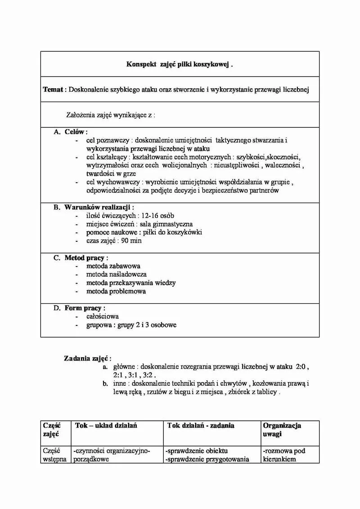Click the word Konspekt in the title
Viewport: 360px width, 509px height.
(x=141, y=64)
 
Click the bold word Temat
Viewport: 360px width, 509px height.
(x=53, y=90)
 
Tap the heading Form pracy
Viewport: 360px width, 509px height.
(x=85, y=308)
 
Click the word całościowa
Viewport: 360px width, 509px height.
(x=103, y=316)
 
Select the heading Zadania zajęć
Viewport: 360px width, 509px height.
(x=87, y=359)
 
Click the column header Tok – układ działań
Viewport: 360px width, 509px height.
(x=106, y=425)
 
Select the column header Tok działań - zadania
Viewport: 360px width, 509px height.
(x=201, y=425)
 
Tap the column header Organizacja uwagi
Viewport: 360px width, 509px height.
(x=282, y=429)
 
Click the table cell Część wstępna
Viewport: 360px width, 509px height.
(x=54, y=455)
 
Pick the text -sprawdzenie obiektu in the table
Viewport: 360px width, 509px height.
(x=197, y=450)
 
